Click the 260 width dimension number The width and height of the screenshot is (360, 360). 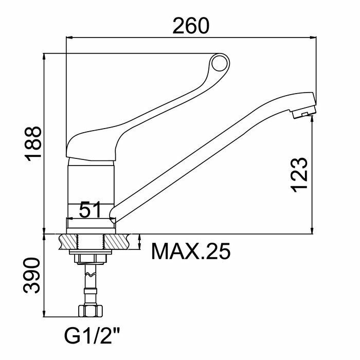pyautogui.click(x=191, y=26)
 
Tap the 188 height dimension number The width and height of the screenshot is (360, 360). pyautogui.click(x=33, y=143)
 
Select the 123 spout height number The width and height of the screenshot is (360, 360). pyautogui.click(x=299, y=175)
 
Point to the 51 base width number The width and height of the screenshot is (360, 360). pyautogui.click(x=90, y=209)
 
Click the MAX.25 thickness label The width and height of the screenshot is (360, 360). pyautogui.click(x=191, y=251)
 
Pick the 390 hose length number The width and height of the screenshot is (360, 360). pyautogui.click(x=31, y=276)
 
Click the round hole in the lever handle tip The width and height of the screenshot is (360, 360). pyautogui.click(x=220, y=63)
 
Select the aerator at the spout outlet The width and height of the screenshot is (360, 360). pyautogui.click(x=304, y=113)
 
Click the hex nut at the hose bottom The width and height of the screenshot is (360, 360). pyautogui.click(x=90, y=311)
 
